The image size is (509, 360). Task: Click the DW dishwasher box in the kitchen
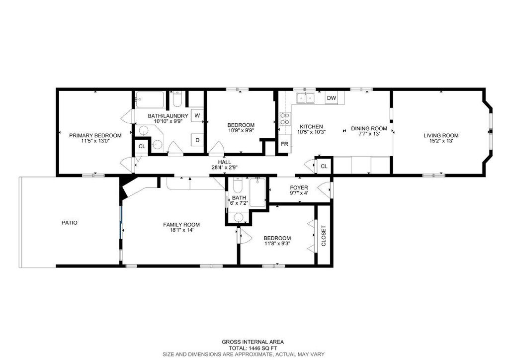(x=332, y=98)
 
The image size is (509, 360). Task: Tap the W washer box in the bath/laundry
(x=197, y=116)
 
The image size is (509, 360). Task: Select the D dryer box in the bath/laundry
(x=197, y=140)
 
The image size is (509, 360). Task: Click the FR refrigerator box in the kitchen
(x=285, y=144)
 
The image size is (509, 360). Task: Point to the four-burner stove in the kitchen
(x=285, y=118)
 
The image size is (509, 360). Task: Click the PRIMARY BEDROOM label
(x=95, y=135)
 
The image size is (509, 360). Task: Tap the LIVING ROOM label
(x=440, y=135)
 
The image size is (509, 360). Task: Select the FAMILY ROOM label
(x=181, y=225)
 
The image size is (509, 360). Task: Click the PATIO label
(x=69, y=223)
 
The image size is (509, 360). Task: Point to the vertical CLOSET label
(x=324, y=236)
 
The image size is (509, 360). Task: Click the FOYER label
(x=299, y=187)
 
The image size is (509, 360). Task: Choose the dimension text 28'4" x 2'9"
(x=225, y=168)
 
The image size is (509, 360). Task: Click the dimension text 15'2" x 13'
(x=441, y=141)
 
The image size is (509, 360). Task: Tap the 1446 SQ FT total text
(x=254, y=348)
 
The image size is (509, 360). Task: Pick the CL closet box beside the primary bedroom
(x=142, y=146)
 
